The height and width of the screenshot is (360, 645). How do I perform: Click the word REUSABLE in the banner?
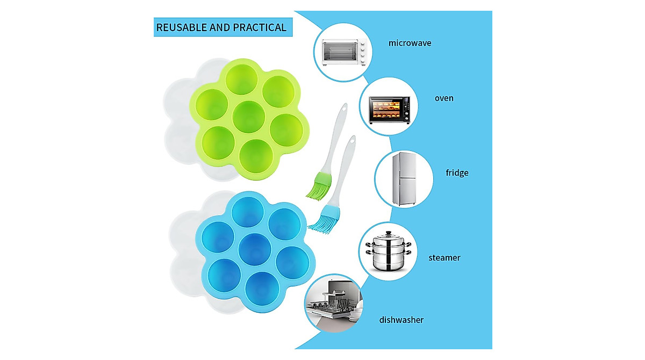[182, 27]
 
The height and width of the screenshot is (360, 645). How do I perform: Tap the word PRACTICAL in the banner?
[260, 27]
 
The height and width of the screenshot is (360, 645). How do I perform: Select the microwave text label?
[410, 43]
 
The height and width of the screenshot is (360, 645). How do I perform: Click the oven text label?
[444, 98]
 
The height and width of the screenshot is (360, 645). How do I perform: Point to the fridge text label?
[457, 172]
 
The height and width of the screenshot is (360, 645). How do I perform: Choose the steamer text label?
[445, 257]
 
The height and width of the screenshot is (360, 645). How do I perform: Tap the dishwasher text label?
[401, 320]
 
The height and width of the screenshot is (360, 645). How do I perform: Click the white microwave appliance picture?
[344, 52]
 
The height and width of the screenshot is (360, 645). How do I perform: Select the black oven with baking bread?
[389, 110]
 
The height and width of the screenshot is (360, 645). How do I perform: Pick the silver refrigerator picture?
[404, 179]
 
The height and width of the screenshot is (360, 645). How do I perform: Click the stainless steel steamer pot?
[389, 250]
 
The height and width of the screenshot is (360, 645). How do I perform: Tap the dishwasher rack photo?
[333, 303]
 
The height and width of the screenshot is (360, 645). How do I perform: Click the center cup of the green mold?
[248, 117]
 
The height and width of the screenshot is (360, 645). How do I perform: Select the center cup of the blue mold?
[255, 249]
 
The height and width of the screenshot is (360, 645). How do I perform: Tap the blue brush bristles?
[325, 219]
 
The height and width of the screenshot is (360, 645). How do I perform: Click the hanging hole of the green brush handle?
[344, 108]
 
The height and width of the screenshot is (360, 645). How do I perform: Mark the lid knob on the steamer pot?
[389, 233]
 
